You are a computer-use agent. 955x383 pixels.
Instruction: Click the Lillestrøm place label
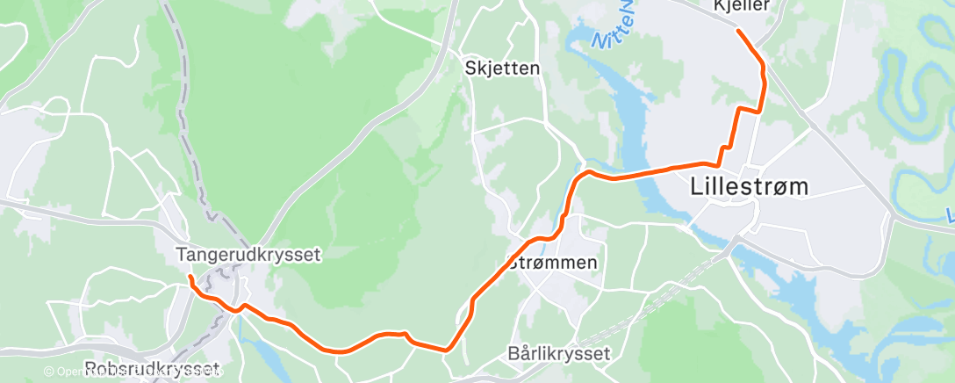pos(749,186)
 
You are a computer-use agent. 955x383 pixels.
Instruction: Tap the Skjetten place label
pos(503,68)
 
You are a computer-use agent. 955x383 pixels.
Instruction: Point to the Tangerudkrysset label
pos(249,255)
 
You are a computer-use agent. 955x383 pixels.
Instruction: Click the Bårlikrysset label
pos(559,354)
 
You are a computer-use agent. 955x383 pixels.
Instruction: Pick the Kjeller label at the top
pos(742,5)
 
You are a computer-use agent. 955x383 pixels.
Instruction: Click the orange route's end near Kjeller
pos(738,32)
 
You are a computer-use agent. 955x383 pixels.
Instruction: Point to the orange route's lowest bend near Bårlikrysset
pos(448,349)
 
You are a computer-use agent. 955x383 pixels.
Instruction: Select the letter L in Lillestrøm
pos(698,186)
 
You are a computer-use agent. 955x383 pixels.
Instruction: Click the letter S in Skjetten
pos(471,68)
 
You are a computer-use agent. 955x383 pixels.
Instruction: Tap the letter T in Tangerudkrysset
pos(182,255)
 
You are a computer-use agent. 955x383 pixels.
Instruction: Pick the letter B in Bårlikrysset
pos(514,354)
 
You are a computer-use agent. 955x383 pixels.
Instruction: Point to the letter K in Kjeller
pos(719,5)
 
